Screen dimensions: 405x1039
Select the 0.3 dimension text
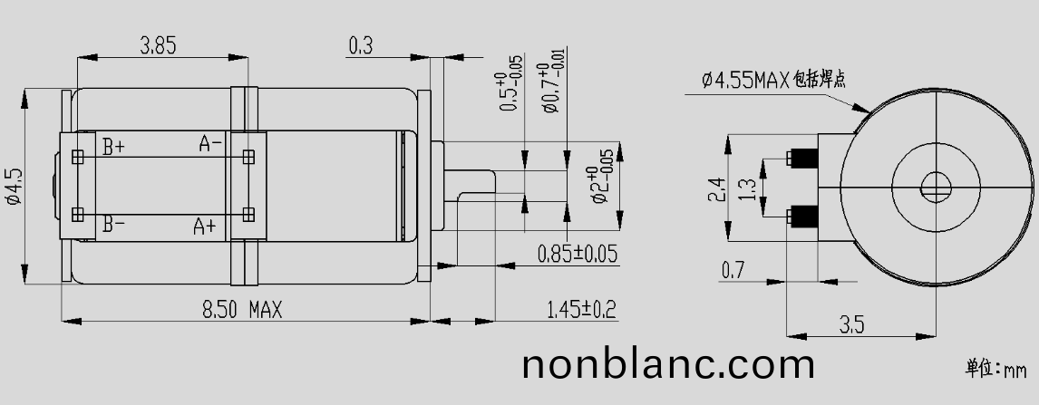tap(360, 45)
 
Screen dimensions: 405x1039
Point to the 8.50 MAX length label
tap(241, 310)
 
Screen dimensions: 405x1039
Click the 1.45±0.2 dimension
tap(580, 310)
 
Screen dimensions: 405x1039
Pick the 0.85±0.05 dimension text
tap(577, 254)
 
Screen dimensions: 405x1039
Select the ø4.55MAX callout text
tap(772, 81)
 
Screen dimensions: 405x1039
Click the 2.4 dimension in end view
tap(715, 189)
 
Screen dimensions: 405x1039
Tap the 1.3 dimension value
tap(748, 188)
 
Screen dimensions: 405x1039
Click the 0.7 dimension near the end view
tap(733, 269)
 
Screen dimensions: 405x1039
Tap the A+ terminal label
tap(205, 227)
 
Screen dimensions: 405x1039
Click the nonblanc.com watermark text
tap(668, 364)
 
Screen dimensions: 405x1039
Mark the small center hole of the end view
tap(936, 188)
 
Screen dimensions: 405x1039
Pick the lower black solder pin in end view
tap(804, 217)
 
